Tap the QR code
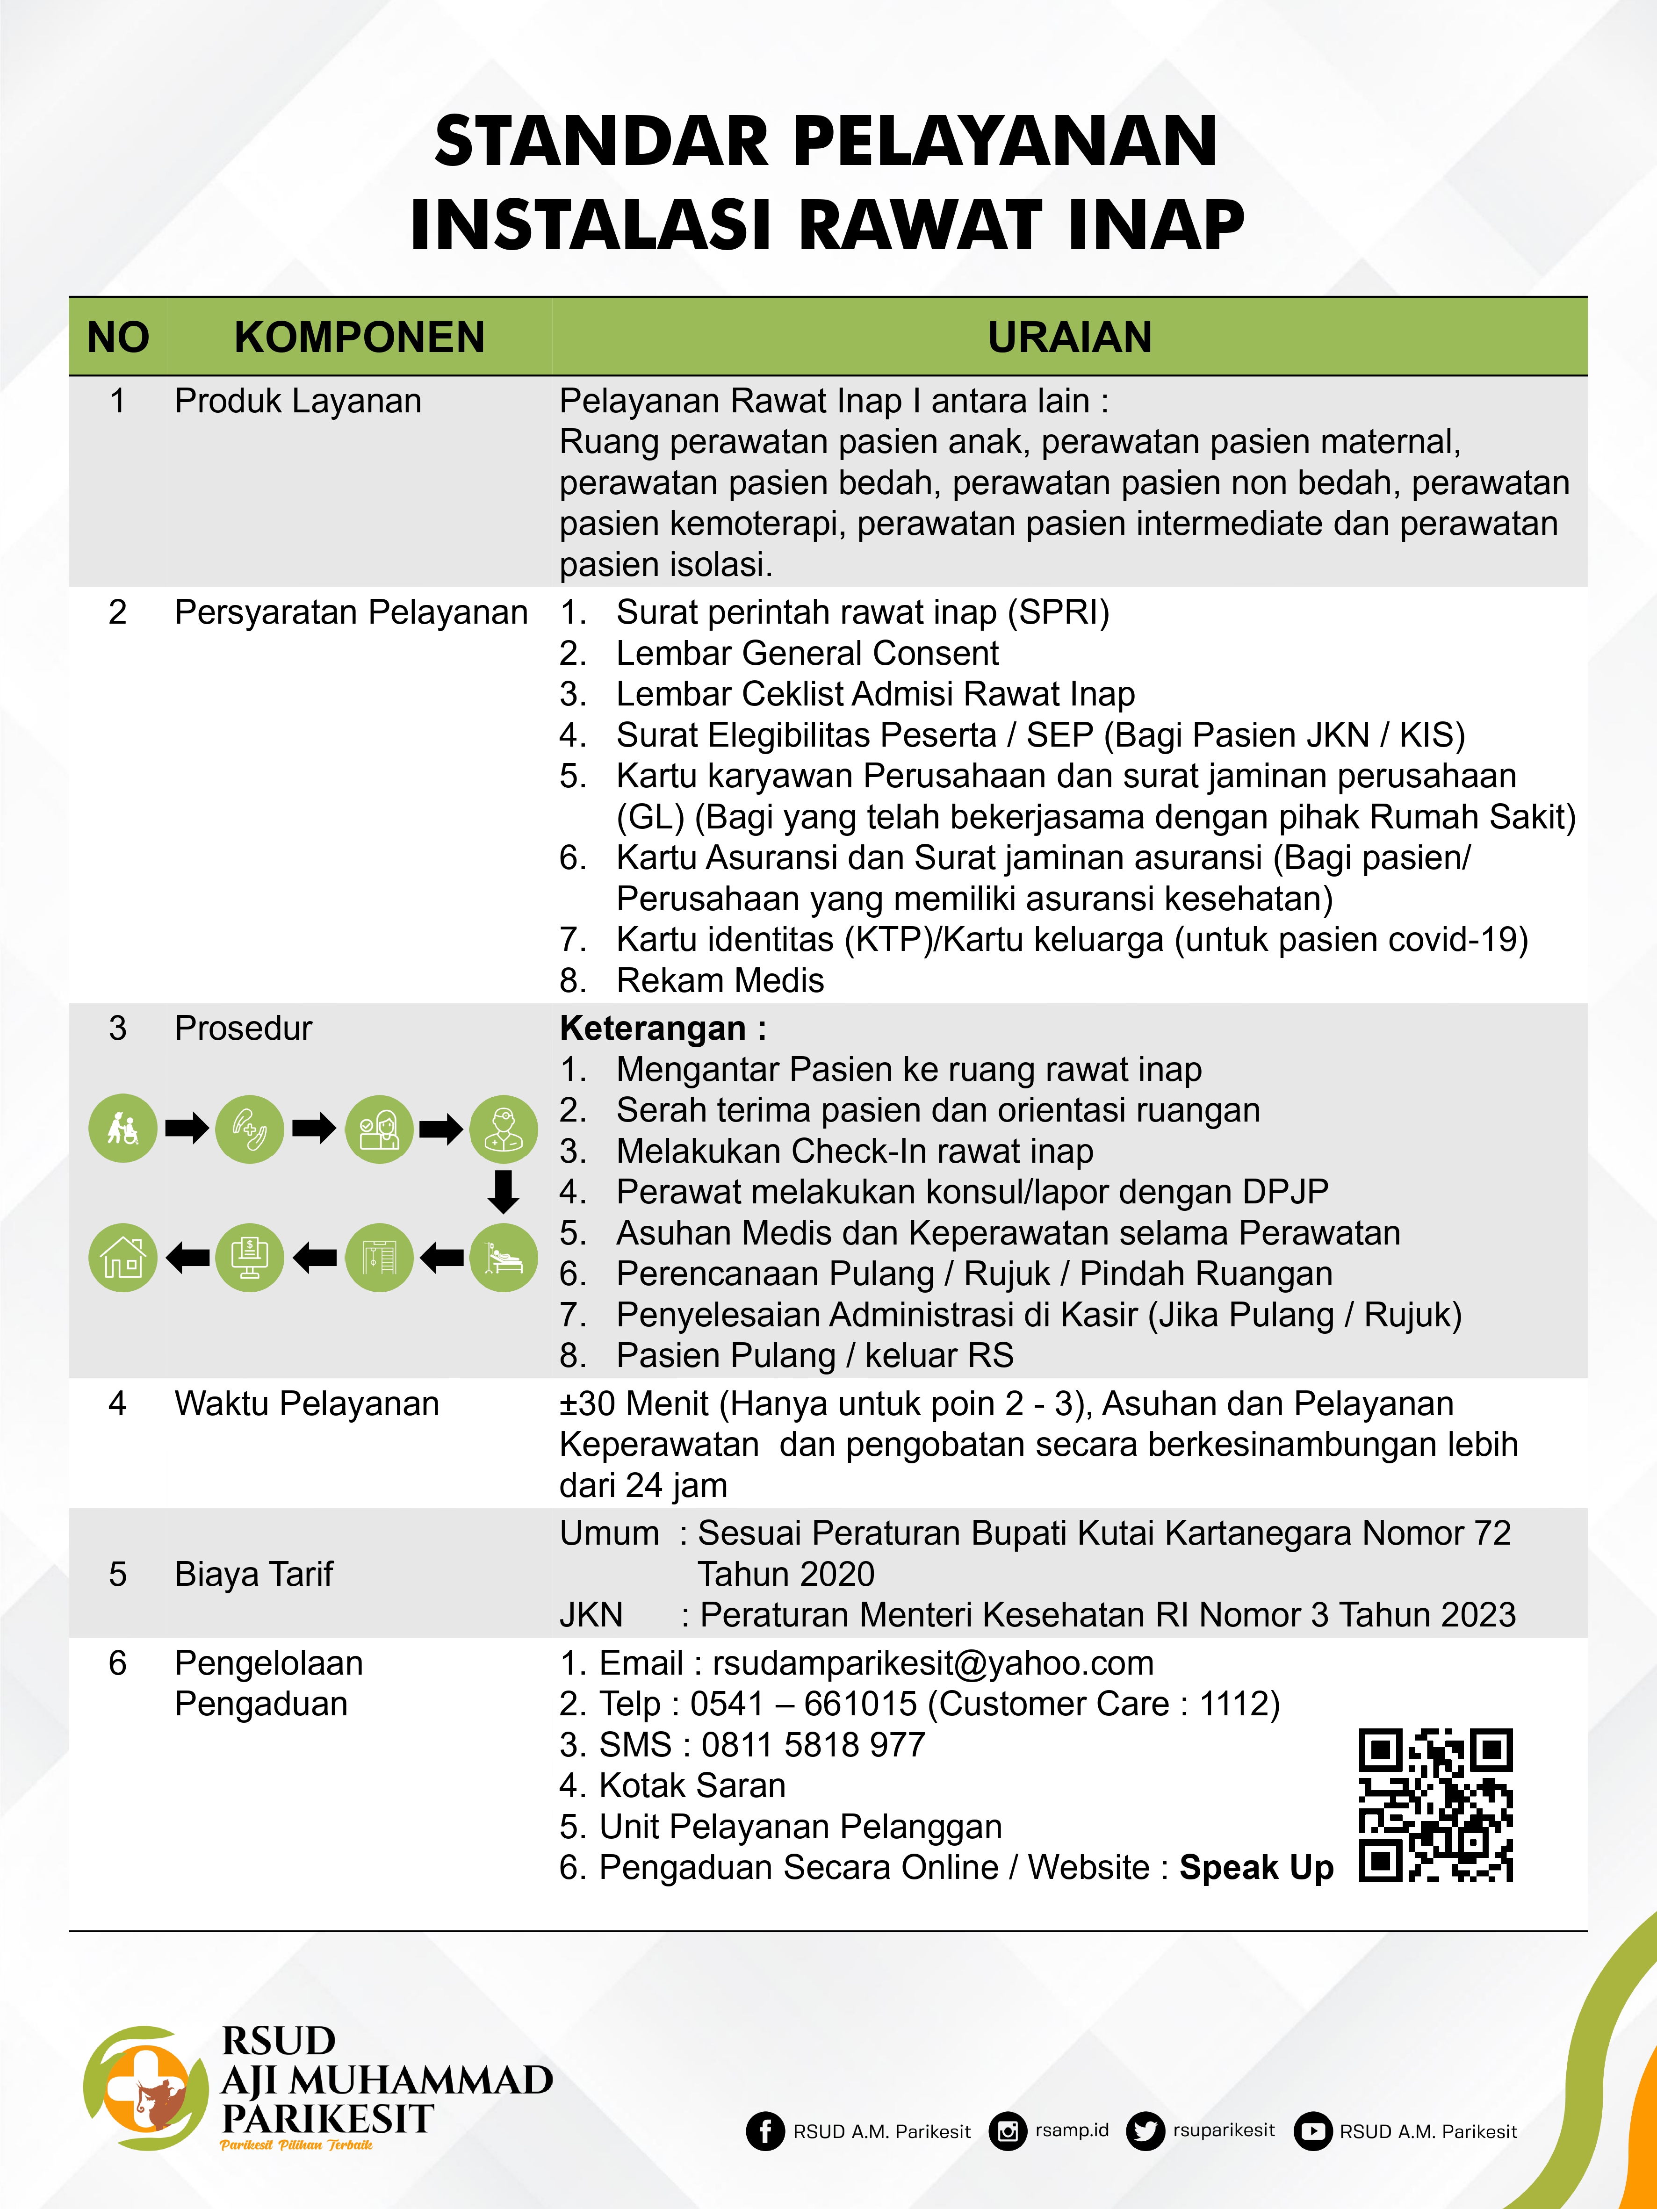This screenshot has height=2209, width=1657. point(1435,1806)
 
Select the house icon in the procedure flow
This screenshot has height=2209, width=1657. point(123,1257)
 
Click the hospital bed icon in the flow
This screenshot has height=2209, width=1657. point(504,1257)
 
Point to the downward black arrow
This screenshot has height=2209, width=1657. point(504,1191)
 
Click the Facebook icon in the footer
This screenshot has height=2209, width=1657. point(765,2131)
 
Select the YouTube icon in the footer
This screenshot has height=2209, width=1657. point(1312,2131)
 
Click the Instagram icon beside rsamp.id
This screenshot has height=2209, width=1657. point(1008,2131)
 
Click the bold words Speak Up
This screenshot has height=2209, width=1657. point(1255,1867)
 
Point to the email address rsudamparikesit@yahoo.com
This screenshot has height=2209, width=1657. point(933,1663)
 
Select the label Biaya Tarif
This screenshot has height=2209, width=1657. point(254,1574)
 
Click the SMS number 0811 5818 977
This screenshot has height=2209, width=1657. point(813,1745)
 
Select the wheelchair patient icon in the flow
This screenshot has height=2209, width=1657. point(123,1129)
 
